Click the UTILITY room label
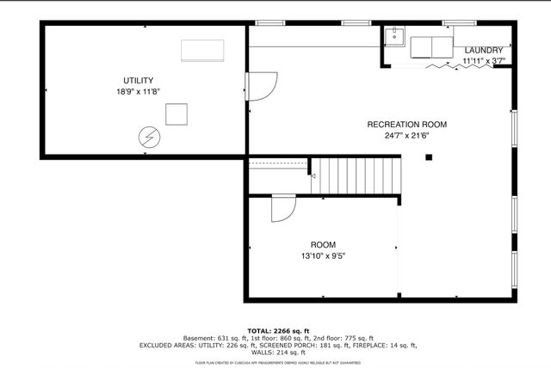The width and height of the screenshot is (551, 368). (138, 80)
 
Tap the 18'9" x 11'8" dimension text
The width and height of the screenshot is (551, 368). (138, 91)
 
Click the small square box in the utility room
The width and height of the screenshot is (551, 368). (176, 113)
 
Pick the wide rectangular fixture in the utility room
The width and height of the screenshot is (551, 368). (202, 50)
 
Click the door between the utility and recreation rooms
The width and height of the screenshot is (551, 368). (262, 85)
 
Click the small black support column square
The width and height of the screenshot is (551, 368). (428, 156)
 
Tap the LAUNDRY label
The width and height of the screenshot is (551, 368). (483, 51)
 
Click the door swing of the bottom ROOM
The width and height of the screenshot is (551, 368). (282, 209)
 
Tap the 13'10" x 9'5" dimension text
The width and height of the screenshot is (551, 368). (324, 255)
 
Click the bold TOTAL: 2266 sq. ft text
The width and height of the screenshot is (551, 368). (275, 330)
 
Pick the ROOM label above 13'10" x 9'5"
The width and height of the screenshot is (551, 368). (324, 244)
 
